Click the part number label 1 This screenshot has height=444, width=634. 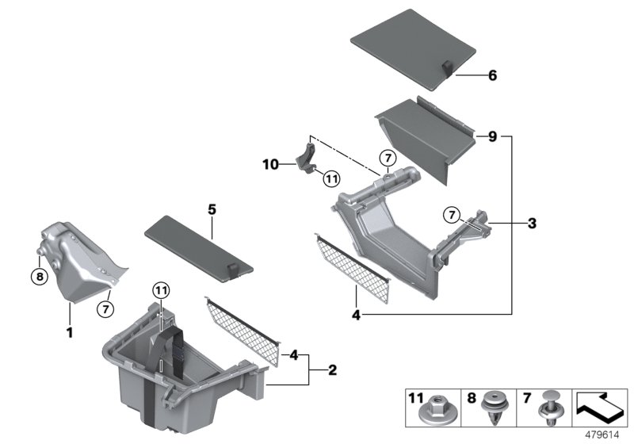click(69, 334)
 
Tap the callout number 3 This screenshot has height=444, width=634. click(532, 224)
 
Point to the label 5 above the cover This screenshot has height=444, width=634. click(212, 210)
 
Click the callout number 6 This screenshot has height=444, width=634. click(492, 76)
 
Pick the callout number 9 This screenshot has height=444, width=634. click(491, 136)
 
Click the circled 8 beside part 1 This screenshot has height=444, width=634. click(37, 277)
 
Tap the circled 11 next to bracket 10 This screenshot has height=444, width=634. click(330, 179)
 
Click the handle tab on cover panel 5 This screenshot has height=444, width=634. click(232, 270)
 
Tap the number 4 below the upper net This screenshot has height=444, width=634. click(355, 314)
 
